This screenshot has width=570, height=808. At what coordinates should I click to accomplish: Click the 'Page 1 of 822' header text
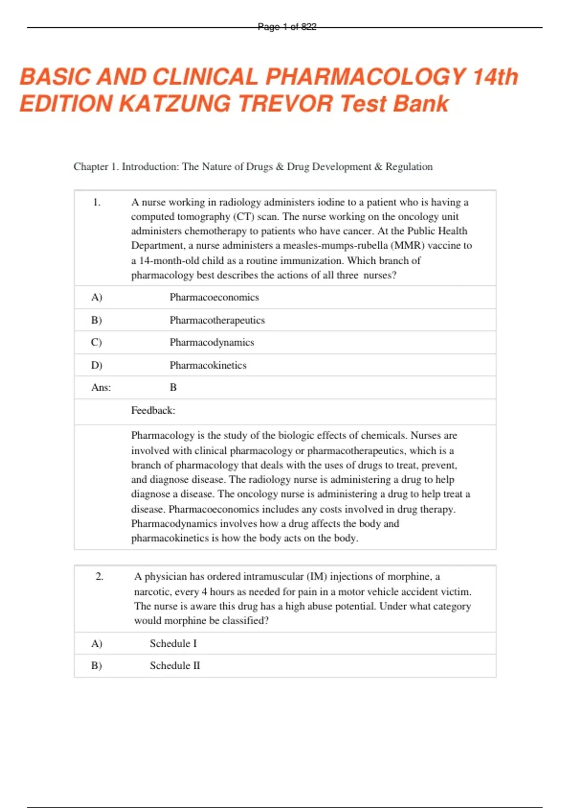pyautogui.click(x=287, y=27)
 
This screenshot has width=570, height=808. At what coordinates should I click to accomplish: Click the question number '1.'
pyautogui.click(x=97, y=202)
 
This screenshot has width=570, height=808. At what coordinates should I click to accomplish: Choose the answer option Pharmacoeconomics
pyautogui.click(x=214, y=298)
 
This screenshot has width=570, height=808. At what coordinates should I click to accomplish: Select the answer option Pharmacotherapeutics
pyautogui.click(x=217, y=320)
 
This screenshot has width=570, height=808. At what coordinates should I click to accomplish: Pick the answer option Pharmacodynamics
pyautogui.click(x=212, y=343)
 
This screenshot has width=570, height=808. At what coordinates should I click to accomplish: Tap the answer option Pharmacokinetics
pyautogui.click(x=208, y=366)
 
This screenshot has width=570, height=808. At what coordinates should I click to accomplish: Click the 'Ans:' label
pyautogui.click(x=101, y=388)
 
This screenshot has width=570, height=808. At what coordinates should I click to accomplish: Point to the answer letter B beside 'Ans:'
pyautogui.click(x=173, y=388)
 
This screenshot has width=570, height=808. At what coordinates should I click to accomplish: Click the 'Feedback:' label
pyautogui.click(x=153, y=411)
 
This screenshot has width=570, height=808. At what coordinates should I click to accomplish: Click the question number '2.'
pyautogui.click(x=99, y=577)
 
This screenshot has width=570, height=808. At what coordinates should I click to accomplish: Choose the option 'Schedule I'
pyautogui.click(x=173, y=644)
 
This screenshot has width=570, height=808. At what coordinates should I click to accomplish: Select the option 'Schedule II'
pyautogui.click(x=175, y=666)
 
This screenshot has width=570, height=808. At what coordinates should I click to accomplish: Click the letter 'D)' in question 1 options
pyautogui.click(x=96, y=366)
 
